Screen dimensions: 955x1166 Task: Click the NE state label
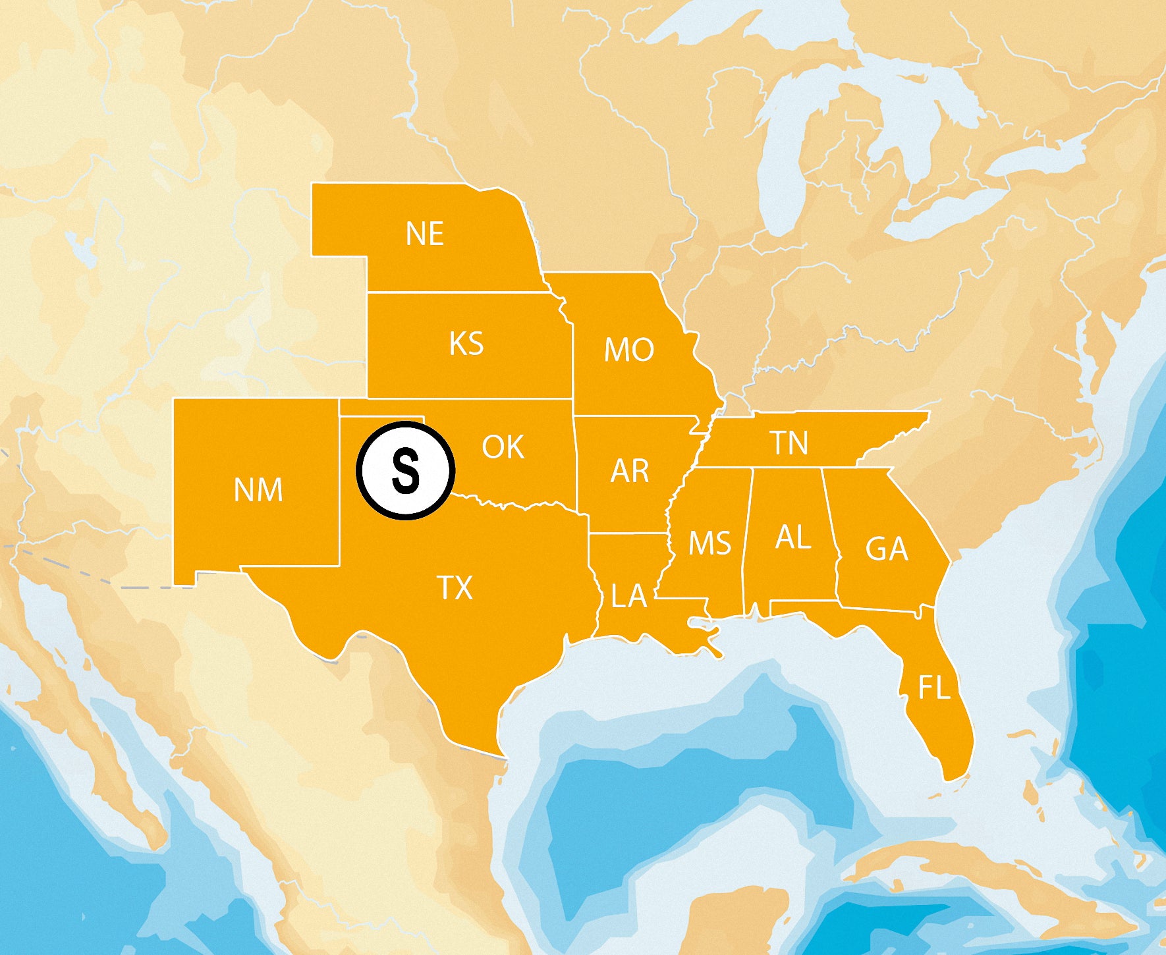pos(425,234)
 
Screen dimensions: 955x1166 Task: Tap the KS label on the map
pos(466,344)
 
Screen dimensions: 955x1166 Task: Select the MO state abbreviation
pos(629,350)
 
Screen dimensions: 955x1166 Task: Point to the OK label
pos(503,447)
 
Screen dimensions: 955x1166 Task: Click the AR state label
pos(630,471)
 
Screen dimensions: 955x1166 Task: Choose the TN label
pos(790,443)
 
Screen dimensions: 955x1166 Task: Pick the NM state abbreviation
pos(258,490)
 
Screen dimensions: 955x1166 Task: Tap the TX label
pos(455,588)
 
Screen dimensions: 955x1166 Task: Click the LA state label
pos(629,596)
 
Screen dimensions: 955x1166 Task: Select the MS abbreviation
pos(709,543)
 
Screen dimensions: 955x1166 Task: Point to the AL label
pos(793,538)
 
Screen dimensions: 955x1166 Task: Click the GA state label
pos(887,549)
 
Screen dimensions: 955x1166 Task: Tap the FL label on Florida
pos(934,688)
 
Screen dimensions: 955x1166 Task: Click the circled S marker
pos(406,471)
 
